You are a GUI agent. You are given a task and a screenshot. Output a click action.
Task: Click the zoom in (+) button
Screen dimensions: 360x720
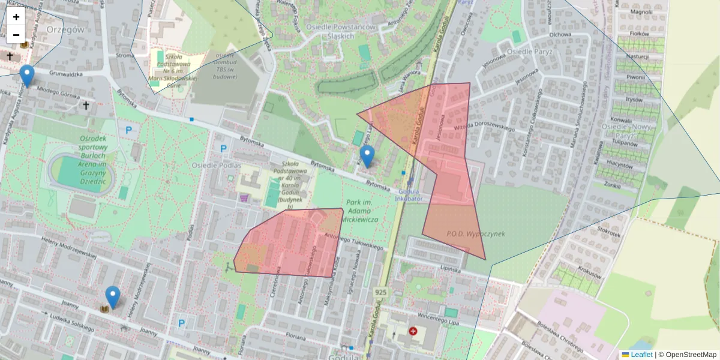[x=16, y=17]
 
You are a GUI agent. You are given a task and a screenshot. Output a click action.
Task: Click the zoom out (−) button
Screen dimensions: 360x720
[x=16, y=35]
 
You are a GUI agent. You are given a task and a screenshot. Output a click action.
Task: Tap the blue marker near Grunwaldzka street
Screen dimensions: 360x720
[x=26, y=76]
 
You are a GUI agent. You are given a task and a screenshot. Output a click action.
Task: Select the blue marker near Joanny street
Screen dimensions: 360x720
[x=112, y=297]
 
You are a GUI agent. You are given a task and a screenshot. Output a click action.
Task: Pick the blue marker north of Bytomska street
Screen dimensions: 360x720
[x=367, y=156]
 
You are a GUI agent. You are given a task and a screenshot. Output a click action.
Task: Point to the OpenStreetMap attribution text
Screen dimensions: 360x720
[x=691, y=355]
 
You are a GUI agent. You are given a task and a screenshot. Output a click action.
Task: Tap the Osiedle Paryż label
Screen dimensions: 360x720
[x=529, y=52]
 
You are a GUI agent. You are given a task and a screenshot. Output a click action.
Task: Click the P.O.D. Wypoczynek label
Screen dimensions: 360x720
[x=476, y=233]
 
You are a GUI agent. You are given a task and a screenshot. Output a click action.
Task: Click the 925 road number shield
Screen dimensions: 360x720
[x=380, y=292]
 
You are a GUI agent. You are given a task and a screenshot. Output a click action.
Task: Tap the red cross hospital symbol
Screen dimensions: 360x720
[x=413, y=331]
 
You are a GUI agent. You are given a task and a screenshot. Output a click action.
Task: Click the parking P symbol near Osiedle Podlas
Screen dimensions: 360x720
[x=224, y=149]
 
